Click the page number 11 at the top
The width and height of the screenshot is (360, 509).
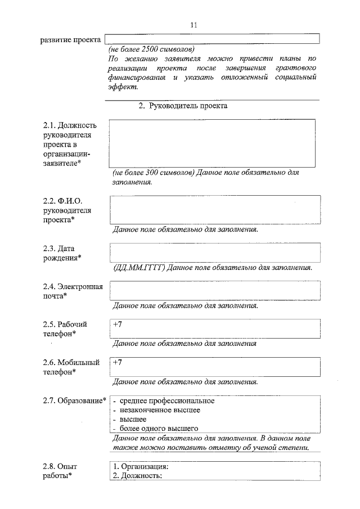[x=194, y=25]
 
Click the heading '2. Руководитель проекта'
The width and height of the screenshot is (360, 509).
[x=183, y=106]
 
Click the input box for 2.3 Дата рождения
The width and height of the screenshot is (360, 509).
[x=215, y=252]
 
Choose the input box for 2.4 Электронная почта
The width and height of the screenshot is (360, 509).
[x=215, y=291]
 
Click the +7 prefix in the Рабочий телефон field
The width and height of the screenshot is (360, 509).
[x=117, y=325]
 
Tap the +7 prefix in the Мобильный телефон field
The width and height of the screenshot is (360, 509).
[x=117, y=363]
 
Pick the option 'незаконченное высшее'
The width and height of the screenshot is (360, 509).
[x=160, y=410]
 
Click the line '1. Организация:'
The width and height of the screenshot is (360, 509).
[x=141, y=466]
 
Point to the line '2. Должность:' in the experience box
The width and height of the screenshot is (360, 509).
[x=138, y=476]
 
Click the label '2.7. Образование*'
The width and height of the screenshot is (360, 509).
[x=74, y=401]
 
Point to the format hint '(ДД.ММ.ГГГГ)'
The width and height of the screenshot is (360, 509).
[x=139, y=267]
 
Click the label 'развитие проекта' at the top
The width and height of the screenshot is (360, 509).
[x=70, y=39]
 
